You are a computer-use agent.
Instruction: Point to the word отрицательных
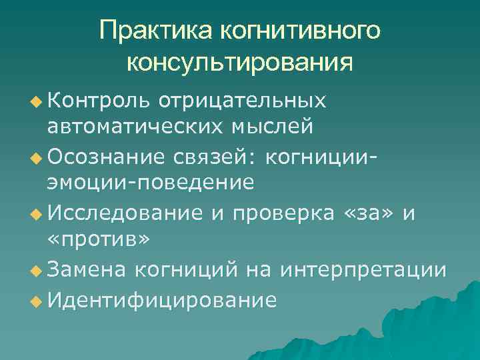point(243,100)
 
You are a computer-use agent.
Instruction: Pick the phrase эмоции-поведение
point(150,181)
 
